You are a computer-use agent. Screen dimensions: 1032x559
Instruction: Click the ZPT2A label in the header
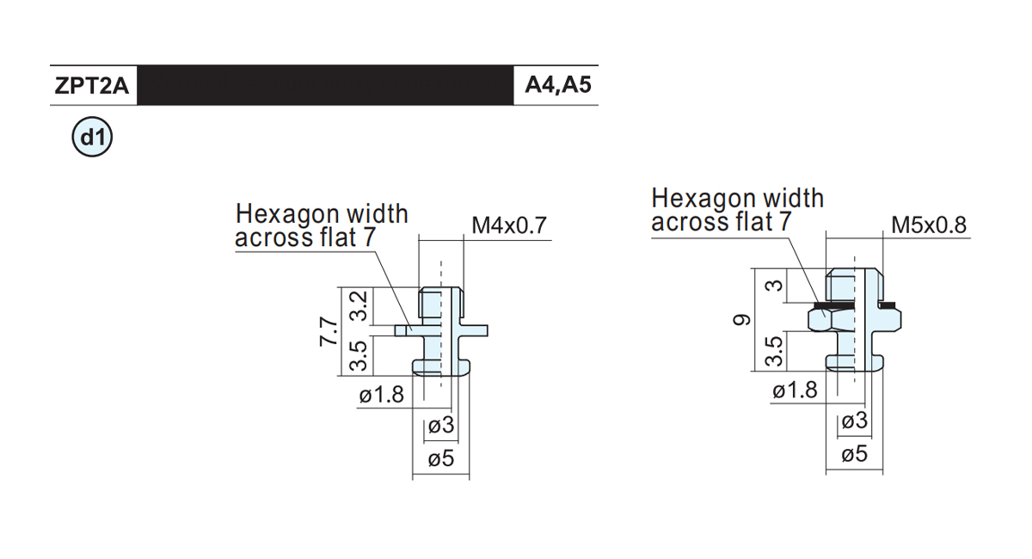[92, 86]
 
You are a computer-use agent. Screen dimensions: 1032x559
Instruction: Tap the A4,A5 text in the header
[558, 85]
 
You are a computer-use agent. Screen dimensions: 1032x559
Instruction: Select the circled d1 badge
[92, 137]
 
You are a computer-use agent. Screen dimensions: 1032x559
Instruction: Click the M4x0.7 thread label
[509, 225]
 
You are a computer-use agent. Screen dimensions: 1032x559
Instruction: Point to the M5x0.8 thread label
[929, 225]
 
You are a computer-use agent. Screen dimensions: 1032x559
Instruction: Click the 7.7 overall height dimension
[329, 331]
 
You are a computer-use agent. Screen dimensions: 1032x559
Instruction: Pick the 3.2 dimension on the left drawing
[359, 305]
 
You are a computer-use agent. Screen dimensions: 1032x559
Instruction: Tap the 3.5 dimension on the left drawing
[359, 356]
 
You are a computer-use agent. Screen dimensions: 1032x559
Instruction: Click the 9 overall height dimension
[741, 319]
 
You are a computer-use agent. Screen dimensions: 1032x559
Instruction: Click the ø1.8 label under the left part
[382, 395]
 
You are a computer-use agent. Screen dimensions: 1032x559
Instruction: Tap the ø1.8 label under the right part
[795, 390]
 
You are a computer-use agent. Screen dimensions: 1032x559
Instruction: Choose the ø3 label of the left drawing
[441, 425]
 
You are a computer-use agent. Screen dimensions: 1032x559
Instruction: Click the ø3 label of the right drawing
[855, 421]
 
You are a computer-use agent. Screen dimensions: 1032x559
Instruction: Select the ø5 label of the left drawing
[441, 459]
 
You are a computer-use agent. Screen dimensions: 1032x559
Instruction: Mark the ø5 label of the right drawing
[855, 455]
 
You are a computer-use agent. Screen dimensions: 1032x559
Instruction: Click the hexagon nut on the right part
[831, 320]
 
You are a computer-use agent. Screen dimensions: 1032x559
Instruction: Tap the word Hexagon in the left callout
[286, 215]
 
